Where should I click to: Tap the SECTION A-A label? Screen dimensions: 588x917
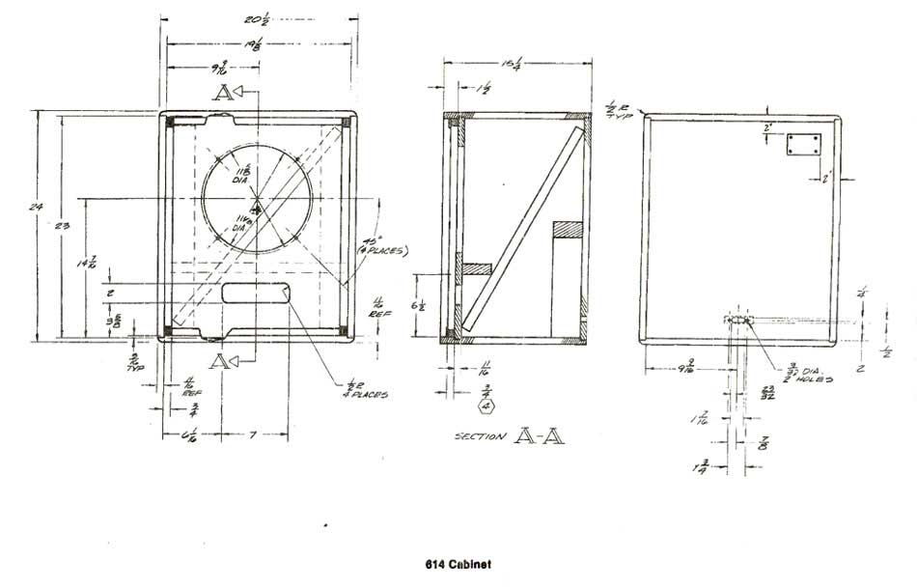pos(509,436)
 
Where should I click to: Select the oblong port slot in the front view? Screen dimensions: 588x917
pos(258,294)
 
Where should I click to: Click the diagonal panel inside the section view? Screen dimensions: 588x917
pos(521,229)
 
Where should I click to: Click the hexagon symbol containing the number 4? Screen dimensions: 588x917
pos(486,405)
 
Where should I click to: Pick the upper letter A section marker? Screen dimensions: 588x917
pos(224,94)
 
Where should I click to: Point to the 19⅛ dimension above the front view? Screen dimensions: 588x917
pos(257,43)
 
